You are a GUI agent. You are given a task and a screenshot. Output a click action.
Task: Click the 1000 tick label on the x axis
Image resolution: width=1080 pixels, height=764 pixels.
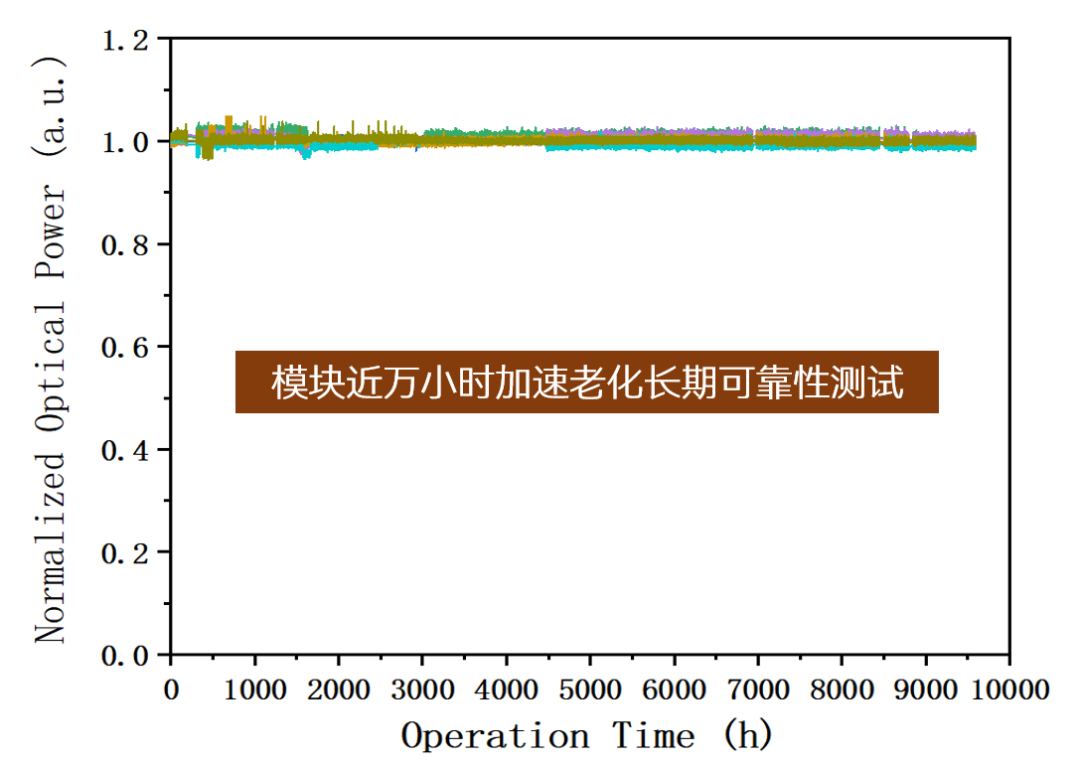[x=255, y=689]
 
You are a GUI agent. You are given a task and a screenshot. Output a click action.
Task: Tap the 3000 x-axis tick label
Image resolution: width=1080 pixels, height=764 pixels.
[x=423, y=689]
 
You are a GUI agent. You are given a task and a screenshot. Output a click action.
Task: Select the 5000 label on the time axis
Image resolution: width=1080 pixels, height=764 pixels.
[x=590, y=689]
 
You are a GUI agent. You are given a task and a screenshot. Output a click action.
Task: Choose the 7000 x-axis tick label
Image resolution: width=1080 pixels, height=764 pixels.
[x=758, y=689]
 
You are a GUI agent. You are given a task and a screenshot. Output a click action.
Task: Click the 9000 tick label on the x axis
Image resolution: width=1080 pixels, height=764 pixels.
[x=926, y=689]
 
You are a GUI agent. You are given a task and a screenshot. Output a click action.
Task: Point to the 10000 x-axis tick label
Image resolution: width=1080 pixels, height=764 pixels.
[x=1009, y=689]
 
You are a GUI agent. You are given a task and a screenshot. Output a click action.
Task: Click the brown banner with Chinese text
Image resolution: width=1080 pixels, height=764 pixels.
[x=586, y=382]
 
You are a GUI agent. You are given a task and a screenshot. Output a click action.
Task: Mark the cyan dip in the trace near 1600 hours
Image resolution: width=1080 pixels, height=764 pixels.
[x=306, y=153]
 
